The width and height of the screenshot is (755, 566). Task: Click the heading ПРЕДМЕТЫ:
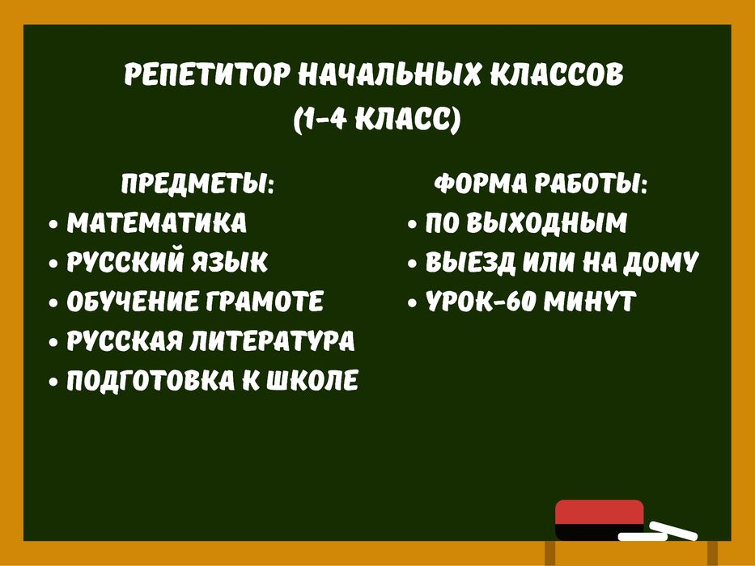197,184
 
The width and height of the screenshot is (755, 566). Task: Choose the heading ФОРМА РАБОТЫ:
541,184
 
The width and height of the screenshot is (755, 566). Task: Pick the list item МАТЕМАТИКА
157,223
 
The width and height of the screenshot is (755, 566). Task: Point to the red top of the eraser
600,512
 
